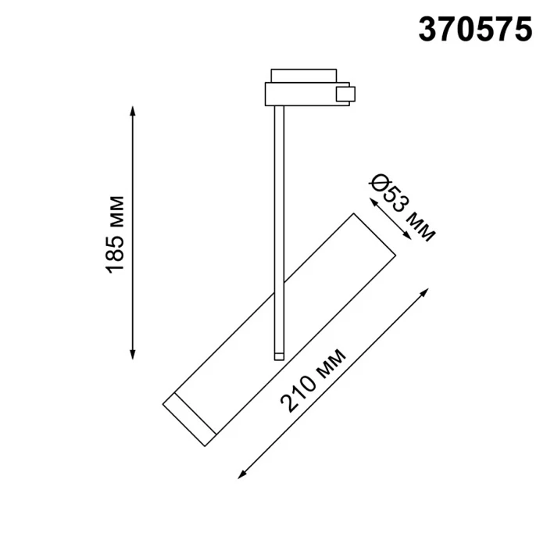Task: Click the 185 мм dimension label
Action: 115,234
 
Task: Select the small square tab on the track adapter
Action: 343,95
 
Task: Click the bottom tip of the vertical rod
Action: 277,357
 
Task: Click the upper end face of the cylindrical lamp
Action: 368,233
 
